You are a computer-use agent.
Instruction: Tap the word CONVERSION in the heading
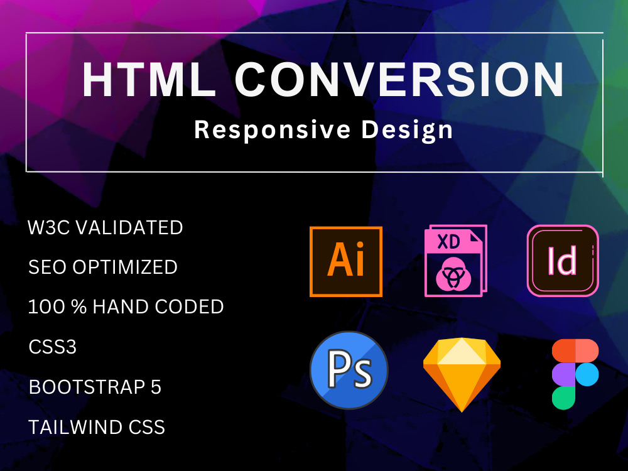[399, 81]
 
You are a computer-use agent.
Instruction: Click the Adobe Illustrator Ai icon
[346, 261]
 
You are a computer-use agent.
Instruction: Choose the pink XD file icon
[454, 261]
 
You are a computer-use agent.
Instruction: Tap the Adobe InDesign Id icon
[563, 261]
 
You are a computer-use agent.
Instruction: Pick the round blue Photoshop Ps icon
[349, 370]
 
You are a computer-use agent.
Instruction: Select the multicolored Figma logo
[575, 374]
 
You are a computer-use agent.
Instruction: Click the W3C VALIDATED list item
[106, 227]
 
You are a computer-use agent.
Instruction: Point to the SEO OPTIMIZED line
[103, 267]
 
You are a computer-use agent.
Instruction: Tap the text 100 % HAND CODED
[126, 307]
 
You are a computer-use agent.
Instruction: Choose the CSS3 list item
[53, 347]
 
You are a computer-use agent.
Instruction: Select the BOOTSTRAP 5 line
[95, 387]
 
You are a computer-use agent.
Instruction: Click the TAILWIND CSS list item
[97, 428]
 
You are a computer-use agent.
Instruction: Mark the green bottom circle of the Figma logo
[563, 398]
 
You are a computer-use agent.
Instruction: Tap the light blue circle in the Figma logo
[587, 375]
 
